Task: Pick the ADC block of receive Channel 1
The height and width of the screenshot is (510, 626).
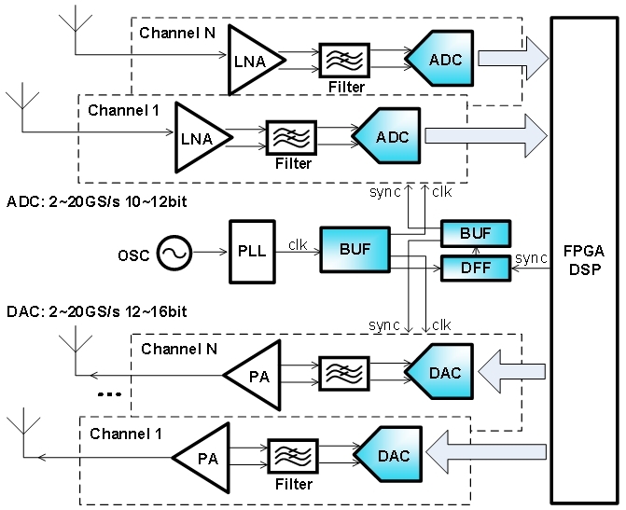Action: pyautogui.click(x=388, y=137)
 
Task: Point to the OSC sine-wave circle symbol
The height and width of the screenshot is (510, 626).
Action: pyautogui.click(x=174, y=253)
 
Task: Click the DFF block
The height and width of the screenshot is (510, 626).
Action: pyautogui.click(x=474, y=269)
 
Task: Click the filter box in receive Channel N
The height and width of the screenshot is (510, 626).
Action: pyautogui.click(x=344, y=60)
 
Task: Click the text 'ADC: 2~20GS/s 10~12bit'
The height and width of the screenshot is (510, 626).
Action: pyautogui.click(x=93, y=201)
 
